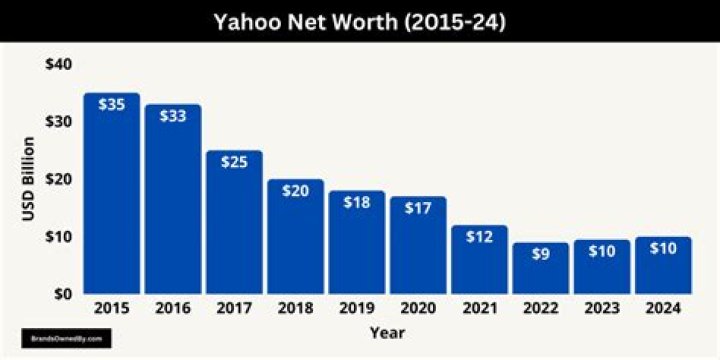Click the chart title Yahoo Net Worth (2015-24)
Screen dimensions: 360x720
[x=360, y=21]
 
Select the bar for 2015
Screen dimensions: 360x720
[x=111, y=200]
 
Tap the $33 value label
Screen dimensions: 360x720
[x=172, y=116]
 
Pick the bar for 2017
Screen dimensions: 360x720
[x=234, y=225]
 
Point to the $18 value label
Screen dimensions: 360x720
[x=357, y=203]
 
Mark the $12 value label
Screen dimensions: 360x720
[x=479, y=238]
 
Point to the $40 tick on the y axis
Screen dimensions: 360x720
[x=58, y=64]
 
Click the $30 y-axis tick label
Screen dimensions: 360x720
[x=58, y=122]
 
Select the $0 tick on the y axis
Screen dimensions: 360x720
[x=62, y=295]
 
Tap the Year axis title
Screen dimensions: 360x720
[x=387, y=331]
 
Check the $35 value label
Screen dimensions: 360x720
[x=111, y=104]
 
